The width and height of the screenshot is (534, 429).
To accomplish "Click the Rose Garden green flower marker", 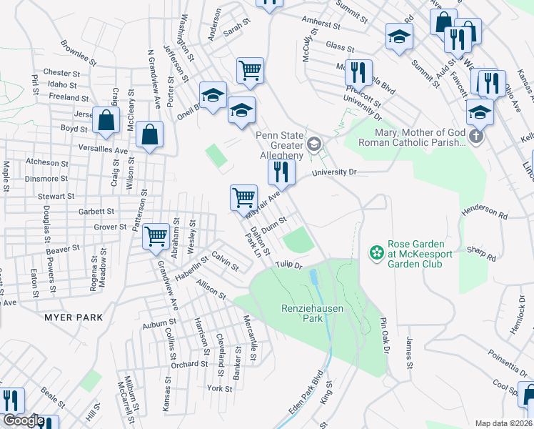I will [x=375, y=252].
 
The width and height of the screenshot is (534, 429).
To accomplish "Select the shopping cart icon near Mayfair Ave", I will [x=243, y=197].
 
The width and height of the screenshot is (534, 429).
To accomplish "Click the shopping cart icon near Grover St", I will [x=156, y=235].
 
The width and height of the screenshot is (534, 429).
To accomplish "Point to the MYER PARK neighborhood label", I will [x=74, y=317].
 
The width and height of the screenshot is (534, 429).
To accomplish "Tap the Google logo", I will [x=24, y=421].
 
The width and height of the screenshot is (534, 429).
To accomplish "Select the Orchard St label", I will [x=189, y=364].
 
